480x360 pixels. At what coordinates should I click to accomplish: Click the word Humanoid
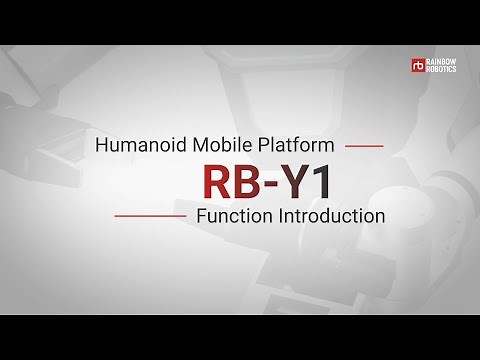[x=133, y=145]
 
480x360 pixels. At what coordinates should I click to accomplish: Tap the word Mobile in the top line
[x=207, y=145]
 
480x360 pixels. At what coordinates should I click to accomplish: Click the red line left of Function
[x=150, y=216]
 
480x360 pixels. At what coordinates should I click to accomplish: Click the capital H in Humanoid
[x=102, y=145]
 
